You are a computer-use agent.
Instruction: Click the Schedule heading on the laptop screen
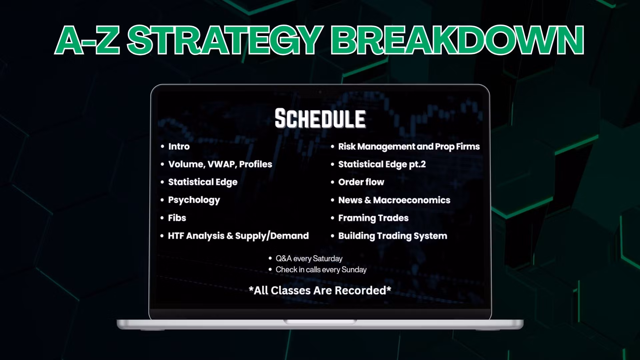pos(320,119)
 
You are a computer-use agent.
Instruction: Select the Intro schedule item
pos(179,146)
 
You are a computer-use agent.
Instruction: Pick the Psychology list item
pos(194,200)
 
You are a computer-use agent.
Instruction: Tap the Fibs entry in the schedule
pos(177,218)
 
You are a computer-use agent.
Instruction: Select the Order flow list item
pos(361,182)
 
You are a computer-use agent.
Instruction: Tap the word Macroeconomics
pos(412,200)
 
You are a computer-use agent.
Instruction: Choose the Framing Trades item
pos(373,218)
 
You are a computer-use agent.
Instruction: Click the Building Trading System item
pos(393,236)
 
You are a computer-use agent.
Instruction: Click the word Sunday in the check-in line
pos(355,270)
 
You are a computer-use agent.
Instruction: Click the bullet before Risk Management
pos(332,147)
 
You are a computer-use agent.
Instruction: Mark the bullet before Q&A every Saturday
pos(270,259)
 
